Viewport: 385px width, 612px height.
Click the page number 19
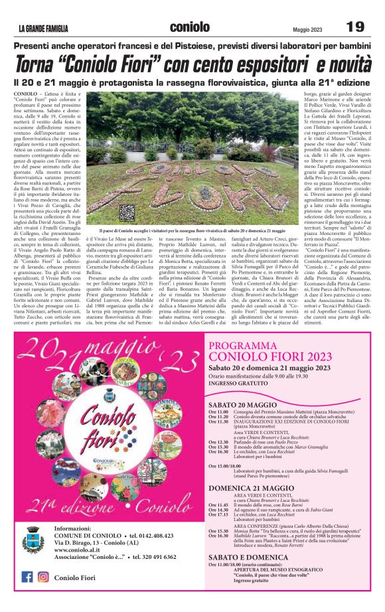coord(355,27)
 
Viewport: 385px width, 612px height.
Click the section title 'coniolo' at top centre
coord(190,27)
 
